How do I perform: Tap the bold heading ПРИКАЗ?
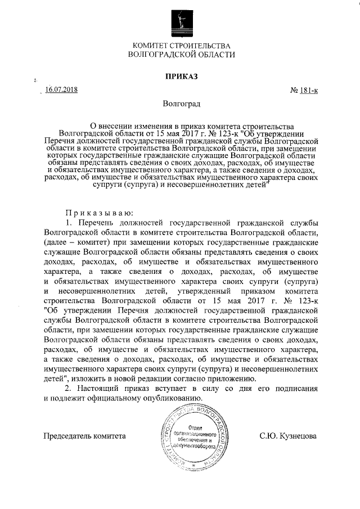click(180, 75)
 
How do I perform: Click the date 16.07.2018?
click(62, 89)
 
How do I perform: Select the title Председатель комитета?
click(85, 435)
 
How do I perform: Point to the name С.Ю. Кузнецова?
click(288, 435)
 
